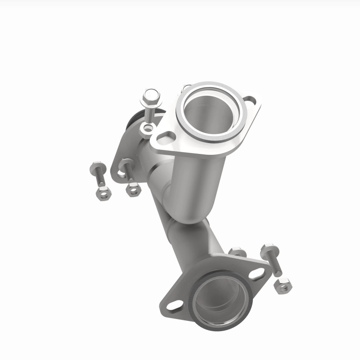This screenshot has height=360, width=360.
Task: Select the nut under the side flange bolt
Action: (133, 189)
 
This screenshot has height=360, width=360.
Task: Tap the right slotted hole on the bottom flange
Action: (256, 274)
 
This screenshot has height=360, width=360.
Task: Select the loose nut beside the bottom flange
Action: (283, 286)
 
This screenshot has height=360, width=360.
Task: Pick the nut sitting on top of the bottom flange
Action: (237, 252)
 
